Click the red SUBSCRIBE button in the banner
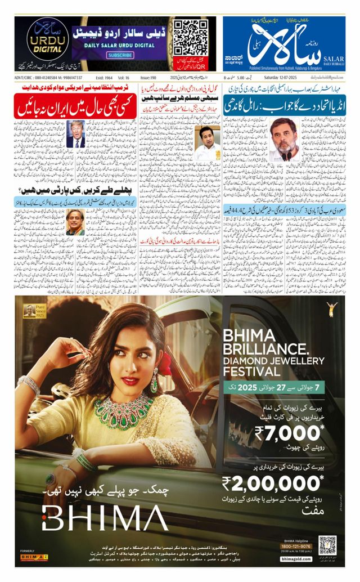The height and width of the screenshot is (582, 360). pyautogui.click(x=120, y=56)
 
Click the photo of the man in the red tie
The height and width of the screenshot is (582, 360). pyautogui.click(x=75, y=134)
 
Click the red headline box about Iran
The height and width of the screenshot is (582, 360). pyautogui.click(x=75, y=106)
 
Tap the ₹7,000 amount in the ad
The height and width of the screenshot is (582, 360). pyautogui.click(x=289, y=433)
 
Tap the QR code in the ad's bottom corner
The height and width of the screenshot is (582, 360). pyautogui.click(x=327, y=545)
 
